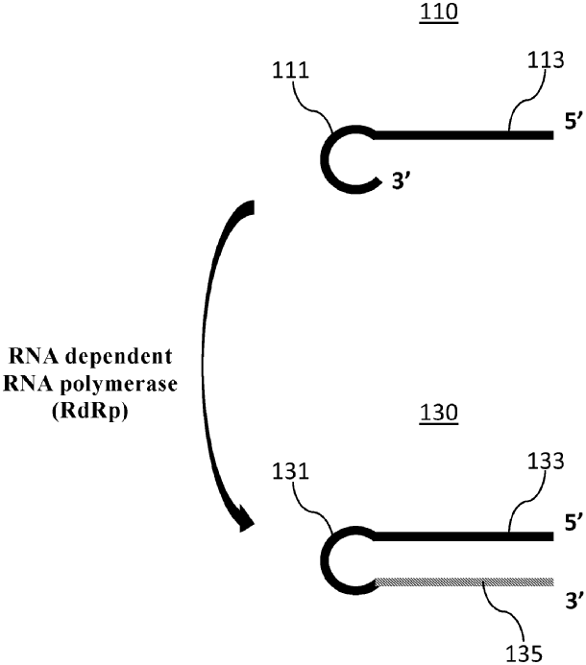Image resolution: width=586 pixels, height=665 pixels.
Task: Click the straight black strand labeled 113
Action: point(461,135)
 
